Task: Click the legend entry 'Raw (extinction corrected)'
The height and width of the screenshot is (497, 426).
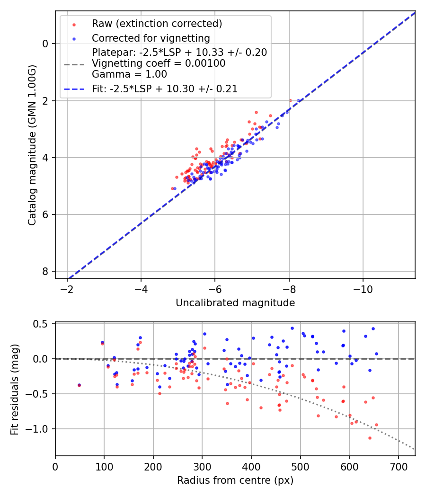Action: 157,24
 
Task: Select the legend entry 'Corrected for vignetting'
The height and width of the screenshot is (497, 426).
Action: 151,38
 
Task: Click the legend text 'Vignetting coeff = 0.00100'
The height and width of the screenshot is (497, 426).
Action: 159,63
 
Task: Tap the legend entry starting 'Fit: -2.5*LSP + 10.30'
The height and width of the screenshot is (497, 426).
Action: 164,89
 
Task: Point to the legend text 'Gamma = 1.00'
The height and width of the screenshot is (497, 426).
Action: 129,74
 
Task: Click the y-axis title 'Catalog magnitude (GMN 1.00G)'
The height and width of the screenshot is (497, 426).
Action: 32,146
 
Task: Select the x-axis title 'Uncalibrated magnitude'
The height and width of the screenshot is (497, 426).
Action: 235,303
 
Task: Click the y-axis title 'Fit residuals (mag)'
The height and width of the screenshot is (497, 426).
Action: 14,389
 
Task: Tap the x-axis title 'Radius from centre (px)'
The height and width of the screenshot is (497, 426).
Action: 235,481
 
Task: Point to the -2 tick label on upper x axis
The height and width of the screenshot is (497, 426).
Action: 67,288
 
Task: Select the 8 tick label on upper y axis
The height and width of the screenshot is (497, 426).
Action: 46,271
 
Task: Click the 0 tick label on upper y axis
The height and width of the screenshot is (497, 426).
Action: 46,44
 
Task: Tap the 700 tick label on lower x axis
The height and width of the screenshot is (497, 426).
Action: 398,466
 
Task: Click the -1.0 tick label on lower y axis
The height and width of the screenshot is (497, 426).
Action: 39,429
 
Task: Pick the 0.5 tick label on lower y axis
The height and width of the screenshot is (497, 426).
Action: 42,324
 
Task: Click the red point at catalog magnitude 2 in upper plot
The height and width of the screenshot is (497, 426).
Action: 290,100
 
